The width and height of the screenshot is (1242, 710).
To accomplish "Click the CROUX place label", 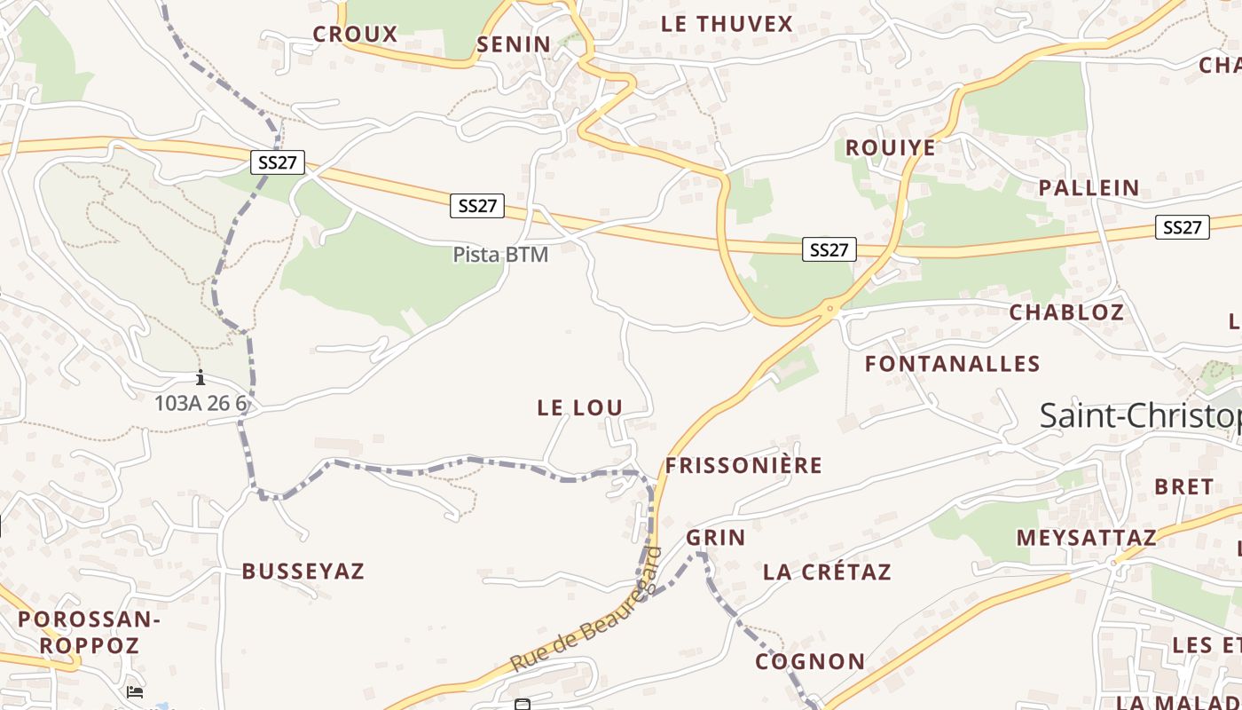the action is [355, 35].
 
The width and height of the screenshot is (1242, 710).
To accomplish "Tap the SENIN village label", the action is [514, 44].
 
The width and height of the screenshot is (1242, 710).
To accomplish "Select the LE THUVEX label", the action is [727, 24].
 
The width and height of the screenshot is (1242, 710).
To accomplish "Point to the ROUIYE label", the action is [890, 147].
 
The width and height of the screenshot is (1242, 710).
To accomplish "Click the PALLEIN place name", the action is [1089, 188].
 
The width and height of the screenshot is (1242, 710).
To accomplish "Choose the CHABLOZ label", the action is [1066, 312].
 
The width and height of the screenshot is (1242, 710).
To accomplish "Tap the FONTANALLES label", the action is [952, 364].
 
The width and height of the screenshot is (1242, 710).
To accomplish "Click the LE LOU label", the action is [580, 407].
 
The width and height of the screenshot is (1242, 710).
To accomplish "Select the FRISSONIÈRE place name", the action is [744, 466].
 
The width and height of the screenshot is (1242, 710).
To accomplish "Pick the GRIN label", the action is [715, 538].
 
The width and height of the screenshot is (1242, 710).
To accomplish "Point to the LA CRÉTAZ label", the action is [827, 572].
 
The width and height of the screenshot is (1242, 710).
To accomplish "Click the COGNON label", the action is [810, 662].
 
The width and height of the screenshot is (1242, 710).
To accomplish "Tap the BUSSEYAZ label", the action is [303, 572].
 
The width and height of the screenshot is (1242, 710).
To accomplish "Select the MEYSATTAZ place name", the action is [1086, 538].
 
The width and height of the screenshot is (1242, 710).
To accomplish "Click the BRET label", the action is [1183, 486].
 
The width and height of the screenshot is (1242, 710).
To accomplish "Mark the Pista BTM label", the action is [500, 255].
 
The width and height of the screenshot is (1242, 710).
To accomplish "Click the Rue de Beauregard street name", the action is [586, 612].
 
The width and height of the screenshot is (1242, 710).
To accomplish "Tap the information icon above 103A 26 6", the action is [200, 377].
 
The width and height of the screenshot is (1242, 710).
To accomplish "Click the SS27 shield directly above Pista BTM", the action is [477, 206].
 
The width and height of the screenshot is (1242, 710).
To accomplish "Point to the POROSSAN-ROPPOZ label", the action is [89, 632].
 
